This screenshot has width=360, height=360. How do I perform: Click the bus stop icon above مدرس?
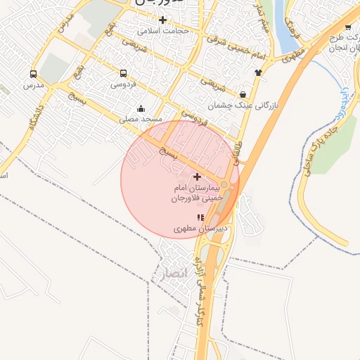33,74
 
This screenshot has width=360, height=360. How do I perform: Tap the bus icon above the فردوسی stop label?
124,73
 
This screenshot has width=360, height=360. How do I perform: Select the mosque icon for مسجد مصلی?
141,108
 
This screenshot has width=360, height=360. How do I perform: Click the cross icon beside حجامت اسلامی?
163,20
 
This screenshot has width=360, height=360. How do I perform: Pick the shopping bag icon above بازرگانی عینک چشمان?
243,94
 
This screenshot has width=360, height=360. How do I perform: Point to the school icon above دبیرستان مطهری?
200,218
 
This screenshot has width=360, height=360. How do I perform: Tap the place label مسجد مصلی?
141,120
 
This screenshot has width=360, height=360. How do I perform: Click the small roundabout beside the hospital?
224,184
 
